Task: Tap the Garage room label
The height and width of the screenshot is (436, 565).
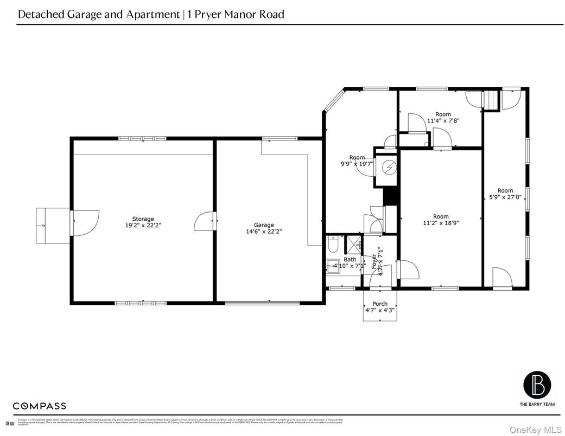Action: coord(264,225)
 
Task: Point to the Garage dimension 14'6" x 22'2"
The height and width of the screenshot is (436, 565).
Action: coord(264,231)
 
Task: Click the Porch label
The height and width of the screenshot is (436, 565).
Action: coord(380,304)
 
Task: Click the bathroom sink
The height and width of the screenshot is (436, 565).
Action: coord(332,266)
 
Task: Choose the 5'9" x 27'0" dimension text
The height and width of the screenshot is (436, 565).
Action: coord(505,197)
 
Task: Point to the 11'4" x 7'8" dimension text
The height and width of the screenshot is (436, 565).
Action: coord(443,121)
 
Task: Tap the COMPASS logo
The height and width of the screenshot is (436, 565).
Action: coord(40,406)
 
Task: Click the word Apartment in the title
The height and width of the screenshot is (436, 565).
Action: coord(153,15)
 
